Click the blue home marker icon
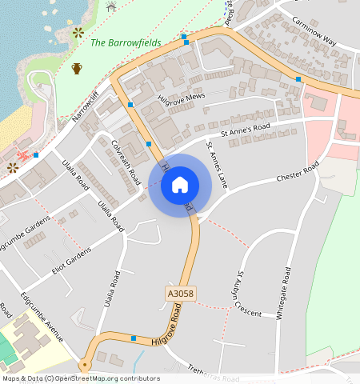coord(180,185)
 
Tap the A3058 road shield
coord(181,294)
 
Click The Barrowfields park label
coord(126,42)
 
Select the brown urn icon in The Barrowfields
coord(77,68)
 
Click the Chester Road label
coord(298,171)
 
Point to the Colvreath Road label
coord(126,160)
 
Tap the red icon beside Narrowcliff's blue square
coord(23,154)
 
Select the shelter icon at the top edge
coord(111,6)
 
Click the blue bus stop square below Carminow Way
coord(298,79)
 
